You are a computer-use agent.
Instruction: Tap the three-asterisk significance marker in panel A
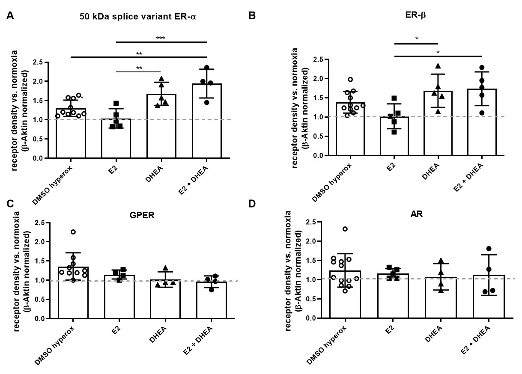point(161,38)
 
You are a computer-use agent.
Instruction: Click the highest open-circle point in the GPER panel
point(73,232)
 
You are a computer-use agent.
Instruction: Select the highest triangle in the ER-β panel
point(438,66)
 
